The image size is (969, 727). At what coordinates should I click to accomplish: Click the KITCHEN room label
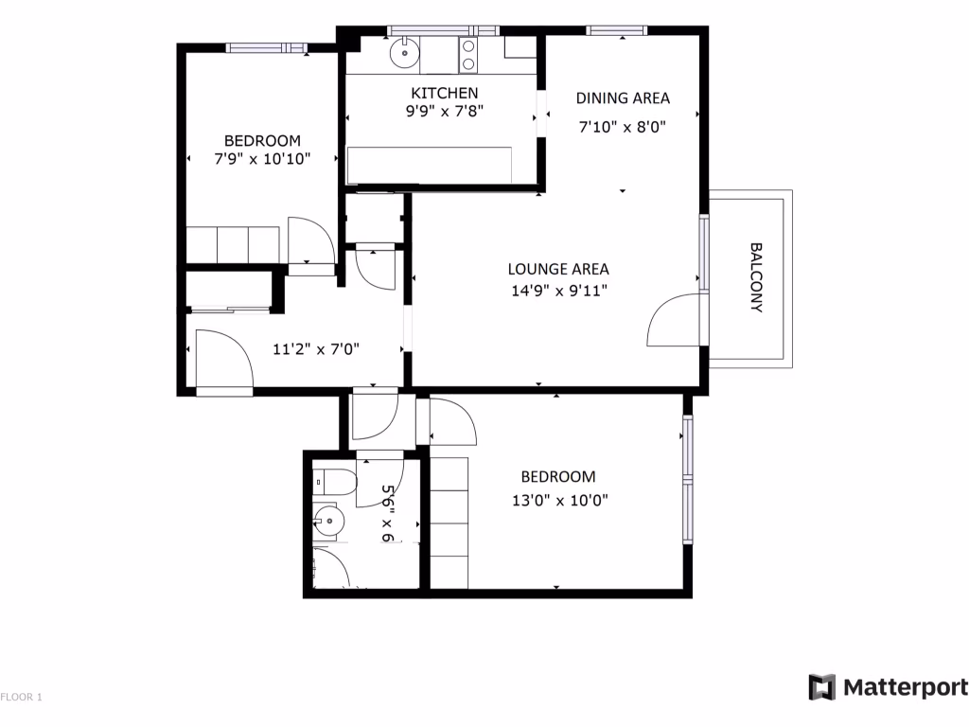pyautogui.click(x=444, y=93)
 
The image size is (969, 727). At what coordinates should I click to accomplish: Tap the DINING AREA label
pyautogui.click(x=623, y=98)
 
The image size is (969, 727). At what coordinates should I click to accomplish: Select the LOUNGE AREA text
pyautogui.click(x=557, y=269)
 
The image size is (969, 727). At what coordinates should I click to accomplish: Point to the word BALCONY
pyautogui.click(x=755, y=277)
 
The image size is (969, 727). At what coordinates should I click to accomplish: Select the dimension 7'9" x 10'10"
pyautogui.click(x=262, y=159)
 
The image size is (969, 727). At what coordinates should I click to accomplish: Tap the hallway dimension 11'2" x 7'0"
pyautogui.click(x=315, y=349)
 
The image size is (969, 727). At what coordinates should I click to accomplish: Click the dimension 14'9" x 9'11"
pyautogui.click(x=557, y=290)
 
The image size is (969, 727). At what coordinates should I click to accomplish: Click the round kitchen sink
pyautogui.click(x=404, y=53)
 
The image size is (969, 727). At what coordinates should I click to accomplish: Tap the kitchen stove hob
pyautogui.click(x=467, y=55)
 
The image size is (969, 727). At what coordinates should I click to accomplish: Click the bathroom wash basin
pyautogui.click(x=328, y=520)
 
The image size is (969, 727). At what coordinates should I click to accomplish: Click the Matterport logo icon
pyautogui.click(x=821, y=687)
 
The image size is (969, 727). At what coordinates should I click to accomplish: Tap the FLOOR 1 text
pyautogui.click(x=22, y=698)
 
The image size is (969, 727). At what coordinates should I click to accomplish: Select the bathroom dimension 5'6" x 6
pyautogui.click(x=387, y=513)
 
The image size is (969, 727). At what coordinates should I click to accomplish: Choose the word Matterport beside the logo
pyautogui.click(x=905, y=687)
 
